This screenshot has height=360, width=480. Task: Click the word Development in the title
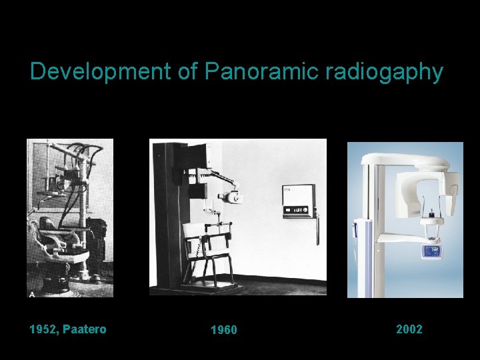click(100, 71)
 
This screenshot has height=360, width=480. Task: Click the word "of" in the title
click(187, 71)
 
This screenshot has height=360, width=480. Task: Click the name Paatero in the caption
click(85, 329)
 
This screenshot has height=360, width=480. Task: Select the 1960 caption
click(223, 330)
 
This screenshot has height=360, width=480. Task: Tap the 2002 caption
click(409, 329)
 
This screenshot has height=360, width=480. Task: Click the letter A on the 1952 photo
click(31, 293)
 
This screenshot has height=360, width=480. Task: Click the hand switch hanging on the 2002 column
click(357, 230)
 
